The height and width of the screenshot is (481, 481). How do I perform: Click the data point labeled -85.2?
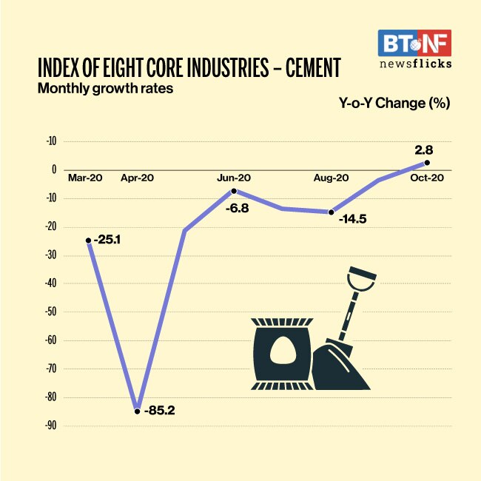point(137,411)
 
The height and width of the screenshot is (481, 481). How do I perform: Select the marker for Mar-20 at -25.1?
point(89,240)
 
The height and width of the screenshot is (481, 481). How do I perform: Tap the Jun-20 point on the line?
point(234,191)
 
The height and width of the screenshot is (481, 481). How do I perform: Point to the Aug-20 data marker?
point(332,212)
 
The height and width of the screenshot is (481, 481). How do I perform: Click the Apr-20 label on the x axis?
point(138,178)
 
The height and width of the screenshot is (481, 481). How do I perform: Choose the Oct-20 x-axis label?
point(427,178)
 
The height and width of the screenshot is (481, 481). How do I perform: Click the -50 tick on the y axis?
point(50,312)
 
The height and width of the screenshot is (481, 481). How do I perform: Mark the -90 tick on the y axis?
point(50,426)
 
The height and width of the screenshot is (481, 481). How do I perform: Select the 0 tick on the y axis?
point(53,169)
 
